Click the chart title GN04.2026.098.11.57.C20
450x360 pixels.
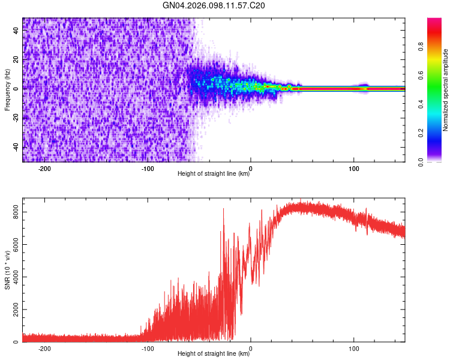click(214, 5)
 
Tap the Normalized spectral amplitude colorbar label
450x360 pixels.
click(445, 90)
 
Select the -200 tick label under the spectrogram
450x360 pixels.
click(44, 168)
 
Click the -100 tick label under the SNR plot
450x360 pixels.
click(147, 348)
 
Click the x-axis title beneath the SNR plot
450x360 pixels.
click(214, 354)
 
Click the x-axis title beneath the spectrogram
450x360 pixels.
click(214, 174)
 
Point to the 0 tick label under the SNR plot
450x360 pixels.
click(251, 348)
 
